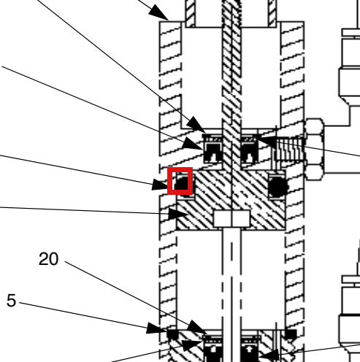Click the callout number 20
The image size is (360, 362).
48,259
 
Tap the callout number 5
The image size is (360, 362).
11,301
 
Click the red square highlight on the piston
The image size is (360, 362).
180,181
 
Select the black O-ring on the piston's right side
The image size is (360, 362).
277,187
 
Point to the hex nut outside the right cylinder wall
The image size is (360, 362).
315,149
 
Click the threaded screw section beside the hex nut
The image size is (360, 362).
290,149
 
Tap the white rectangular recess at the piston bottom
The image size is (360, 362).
231,218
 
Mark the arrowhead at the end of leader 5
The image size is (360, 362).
156,328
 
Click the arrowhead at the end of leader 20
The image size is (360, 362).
197,327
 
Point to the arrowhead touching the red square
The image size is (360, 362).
160,185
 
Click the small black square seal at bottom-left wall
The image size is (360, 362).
172,334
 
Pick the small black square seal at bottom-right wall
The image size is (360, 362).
291,334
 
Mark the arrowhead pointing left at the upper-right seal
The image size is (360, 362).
265,142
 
